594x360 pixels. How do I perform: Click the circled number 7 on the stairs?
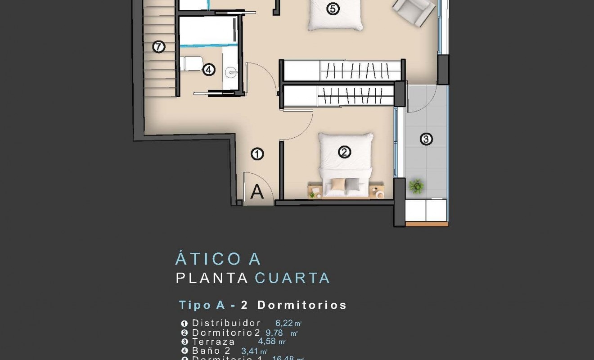coord(158,46)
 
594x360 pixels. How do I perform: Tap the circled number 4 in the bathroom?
coord(209,70)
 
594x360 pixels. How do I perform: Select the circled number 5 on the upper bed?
coord(333,9)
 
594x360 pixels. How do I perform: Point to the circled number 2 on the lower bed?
coord(344,153)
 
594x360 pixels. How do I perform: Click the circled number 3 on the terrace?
coord(426,139)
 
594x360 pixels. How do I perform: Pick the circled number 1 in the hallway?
coord(257,154)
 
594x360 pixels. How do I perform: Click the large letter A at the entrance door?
coord(257,192)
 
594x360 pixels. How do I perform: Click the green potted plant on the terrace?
coord(417,186)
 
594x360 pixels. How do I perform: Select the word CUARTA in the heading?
coord(292,278)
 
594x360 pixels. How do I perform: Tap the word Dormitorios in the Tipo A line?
coord(301,305)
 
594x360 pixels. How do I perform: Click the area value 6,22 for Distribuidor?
coord(284,323)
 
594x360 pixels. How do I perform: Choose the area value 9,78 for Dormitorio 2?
coord(274,333)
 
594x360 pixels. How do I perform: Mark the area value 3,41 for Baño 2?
coord(250,351)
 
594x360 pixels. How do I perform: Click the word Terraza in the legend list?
coord(213,342)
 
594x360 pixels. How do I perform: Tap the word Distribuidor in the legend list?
coord(226,323)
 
